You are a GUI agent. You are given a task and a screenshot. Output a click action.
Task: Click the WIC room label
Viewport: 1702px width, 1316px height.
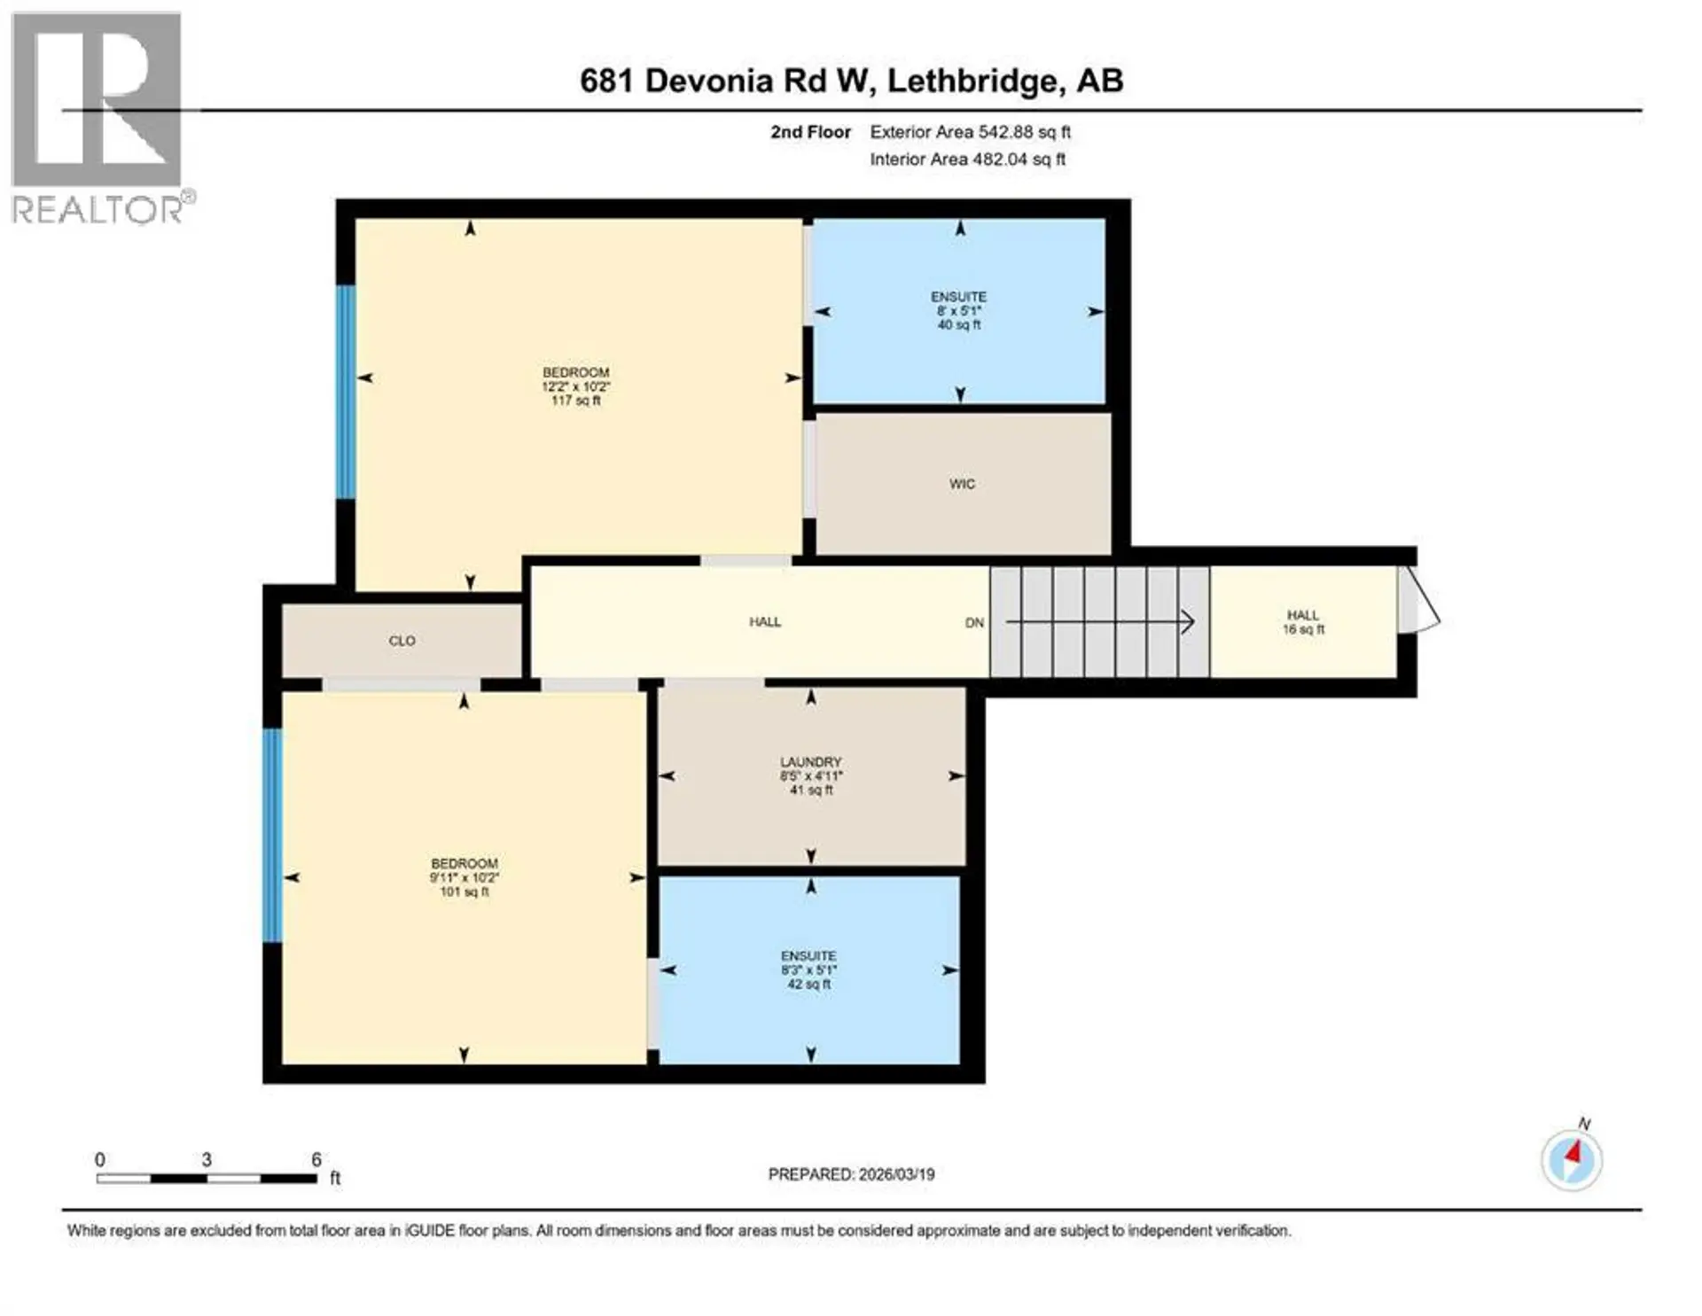tap(962, 484)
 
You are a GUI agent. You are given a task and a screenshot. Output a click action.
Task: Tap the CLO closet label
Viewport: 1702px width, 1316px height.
tap(402, 641)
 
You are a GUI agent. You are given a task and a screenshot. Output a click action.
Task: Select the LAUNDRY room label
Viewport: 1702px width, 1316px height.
tap(810, 762)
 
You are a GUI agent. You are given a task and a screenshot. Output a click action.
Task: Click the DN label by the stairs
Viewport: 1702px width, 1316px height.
tap(974, 623)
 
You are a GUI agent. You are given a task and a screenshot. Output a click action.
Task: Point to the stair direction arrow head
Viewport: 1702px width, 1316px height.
tap(1188, 622)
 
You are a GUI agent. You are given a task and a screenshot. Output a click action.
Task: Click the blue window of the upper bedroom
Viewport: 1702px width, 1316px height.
tap(345, 392)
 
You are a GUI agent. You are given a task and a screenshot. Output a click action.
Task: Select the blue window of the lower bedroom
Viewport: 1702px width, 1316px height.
tap(273, 835)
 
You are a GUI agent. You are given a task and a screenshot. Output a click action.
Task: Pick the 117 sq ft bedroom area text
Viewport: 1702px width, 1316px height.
tap(576, 401)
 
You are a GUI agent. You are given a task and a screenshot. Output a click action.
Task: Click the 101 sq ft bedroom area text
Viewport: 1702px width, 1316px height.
tap(465, 892)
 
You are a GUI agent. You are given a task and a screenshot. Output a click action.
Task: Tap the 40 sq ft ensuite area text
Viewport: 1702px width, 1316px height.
tap(959, 325)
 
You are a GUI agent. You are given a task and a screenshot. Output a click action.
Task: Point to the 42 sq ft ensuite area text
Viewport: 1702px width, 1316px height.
tap(808, 984)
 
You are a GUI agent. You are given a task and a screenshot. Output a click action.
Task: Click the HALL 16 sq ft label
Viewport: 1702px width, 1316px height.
tap(1303, 622)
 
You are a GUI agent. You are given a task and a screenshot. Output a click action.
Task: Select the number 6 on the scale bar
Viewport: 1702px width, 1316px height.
tap(316, 1159)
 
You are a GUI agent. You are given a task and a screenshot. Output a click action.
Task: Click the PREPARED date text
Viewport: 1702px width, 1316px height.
tap(851, 1174)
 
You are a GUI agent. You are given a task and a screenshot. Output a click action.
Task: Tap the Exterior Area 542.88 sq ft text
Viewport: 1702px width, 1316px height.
tap(971, 132)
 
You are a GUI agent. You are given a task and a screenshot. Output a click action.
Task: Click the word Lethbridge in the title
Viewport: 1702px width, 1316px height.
tap(973, 81)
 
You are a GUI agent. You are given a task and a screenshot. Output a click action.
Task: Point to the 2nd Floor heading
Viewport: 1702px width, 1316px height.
tap(810, 132)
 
